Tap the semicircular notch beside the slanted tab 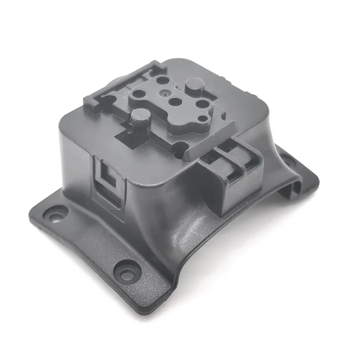point(180,146)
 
